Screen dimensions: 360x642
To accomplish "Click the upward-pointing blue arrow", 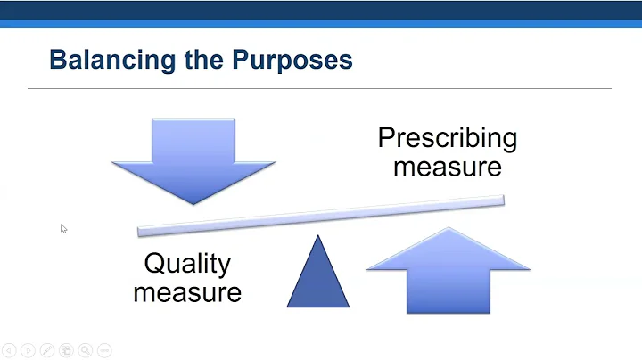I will click(449, 271).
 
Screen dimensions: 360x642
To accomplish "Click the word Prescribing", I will click(447, 138).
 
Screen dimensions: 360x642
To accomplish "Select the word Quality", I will click(187, 264).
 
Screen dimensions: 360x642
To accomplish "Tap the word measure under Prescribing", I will click(447, 167).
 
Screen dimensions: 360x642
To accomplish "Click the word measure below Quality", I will click(187, 291).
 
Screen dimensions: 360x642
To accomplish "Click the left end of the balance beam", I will click(141, 231).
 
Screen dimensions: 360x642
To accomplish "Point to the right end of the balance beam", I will click(501, 200).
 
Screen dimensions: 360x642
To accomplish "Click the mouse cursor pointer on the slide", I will click(63, 228).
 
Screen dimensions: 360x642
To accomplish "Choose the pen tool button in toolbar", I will click(46, 350).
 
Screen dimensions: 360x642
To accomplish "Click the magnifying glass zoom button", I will click(86, 350).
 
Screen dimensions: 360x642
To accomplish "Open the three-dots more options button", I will click(105, 350).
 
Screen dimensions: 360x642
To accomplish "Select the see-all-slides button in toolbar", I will click(66, 350).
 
